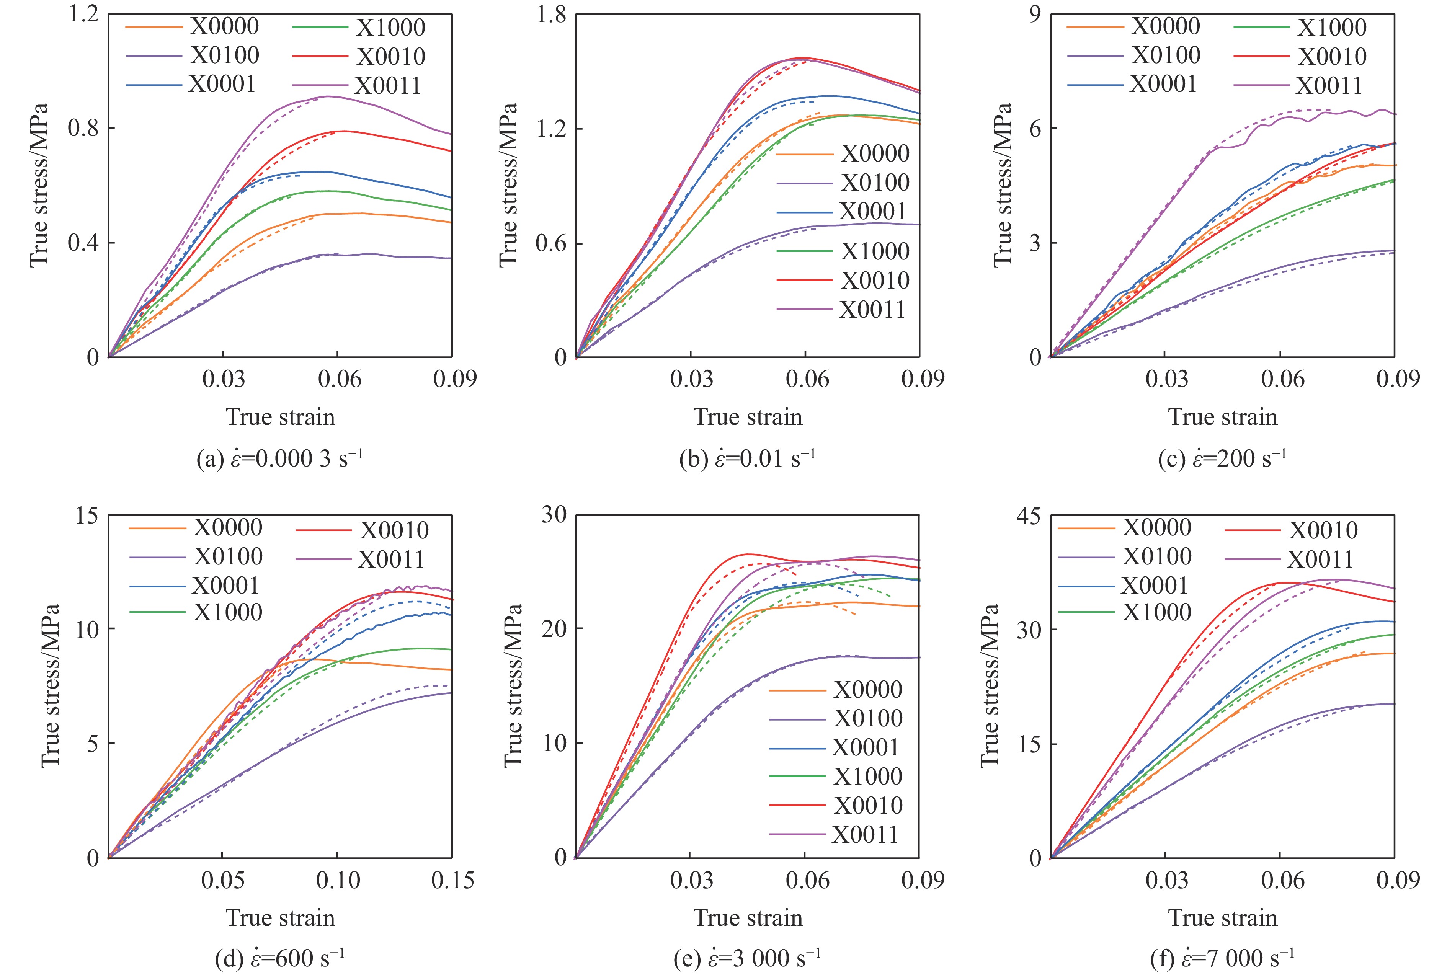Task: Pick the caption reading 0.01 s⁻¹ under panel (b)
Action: pyautogui.click(x=747, y=458)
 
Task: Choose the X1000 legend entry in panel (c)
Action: pyautogui.click(x=1331, y=27)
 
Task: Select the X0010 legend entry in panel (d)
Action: pyautogui.click(x=394, y=530)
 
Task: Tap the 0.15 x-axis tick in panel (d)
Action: pyautogui.click(x=452, y=881)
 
